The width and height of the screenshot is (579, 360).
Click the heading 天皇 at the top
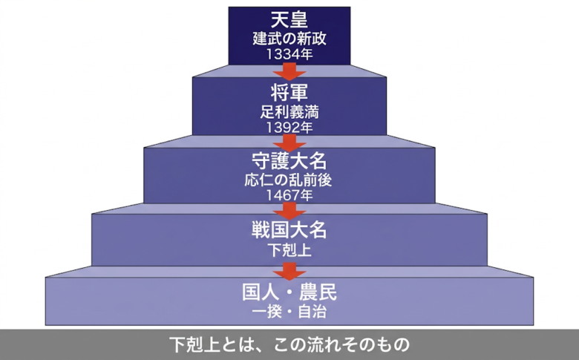tap(289, 19)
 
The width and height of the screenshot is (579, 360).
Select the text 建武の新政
tap(289, 39)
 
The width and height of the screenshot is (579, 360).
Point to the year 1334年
tap(289, 54)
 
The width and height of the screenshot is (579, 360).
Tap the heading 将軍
tap(289, 92)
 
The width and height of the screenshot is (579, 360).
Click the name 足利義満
tap(289, 112)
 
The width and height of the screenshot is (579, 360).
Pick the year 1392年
tap(289, 128)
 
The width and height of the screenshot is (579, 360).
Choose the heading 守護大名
tap(289, 161)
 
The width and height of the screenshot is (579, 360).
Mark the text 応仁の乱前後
tap(289, 180)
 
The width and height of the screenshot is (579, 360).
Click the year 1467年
tap(289, 195)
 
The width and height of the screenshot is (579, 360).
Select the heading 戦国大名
tap(289, 229)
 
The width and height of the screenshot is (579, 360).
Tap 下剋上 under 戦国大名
tap(289, 250)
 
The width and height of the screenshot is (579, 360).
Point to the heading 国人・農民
tap(289, 292)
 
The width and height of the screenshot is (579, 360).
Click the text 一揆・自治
tap(289, 311)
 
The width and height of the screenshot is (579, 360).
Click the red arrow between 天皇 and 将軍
tap(289, 71)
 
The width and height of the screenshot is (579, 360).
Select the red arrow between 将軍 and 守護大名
tap(289, 143)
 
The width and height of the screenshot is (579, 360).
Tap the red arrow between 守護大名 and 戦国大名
tap(289, 212)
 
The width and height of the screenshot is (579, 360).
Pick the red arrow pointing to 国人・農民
tap(289, 271)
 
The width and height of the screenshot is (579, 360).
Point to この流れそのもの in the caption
tap(341, 344)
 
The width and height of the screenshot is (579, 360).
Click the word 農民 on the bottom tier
tap(318, 292)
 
